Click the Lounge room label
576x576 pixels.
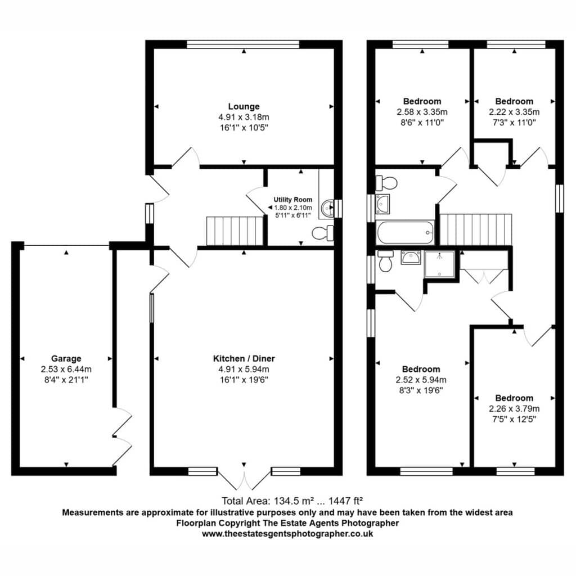[244, 106]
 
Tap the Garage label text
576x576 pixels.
[66, 358]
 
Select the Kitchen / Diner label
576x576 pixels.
[244, 358]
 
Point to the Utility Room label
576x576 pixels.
[292, 200]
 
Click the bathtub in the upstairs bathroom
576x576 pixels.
[405, 232]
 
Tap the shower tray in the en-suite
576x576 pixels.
[440, 264]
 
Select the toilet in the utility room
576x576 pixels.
[322, 233]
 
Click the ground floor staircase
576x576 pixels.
[235, 231]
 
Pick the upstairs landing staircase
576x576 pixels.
[476, 229]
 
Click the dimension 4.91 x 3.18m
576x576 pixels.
[244, 117]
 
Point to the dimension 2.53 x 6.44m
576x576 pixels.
[66, 369]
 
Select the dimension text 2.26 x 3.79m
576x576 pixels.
[514, 408]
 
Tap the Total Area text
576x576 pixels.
[292, 501]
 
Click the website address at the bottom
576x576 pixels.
[287, 534]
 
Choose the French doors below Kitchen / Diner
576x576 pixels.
[244, 479]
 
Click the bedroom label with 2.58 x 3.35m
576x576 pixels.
[422, 101]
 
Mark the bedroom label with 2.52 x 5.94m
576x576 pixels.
[421, 369]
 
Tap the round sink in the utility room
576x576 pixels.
[327, 208]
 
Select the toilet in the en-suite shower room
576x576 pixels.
[385, 261]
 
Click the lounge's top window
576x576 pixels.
[243, 44]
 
